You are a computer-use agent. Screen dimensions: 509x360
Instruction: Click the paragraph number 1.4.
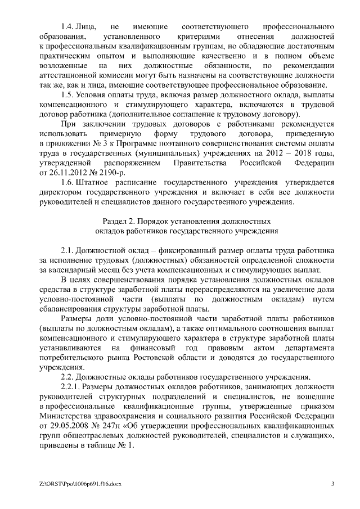pos(68,26)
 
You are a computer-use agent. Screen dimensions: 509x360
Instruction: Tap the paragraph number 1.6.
pos(68,182)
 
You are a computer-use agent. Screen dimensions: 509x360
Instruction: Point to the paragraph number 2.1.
pos(68,249)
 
